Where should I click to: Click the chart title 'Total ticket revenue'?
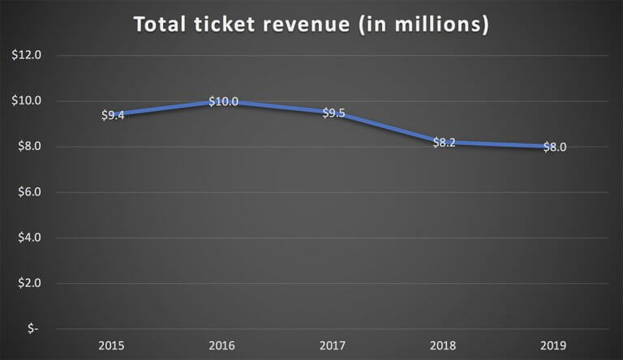[x=311, y=25]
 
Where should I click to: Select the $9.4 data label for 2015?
[x=113, y=115]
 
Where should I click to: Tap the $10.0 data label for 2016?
[x=223, y=101]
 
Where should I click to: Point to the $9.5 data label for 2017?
[x=333, y=114]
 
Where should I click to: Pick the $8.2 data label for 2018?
[x=444, y=142]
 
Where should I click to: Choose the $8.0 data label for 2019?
[x=554, y=148]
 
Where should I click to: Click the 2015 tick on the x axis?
[x=113, y=344]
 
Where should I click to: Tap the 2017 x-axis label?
[x=333, y=344]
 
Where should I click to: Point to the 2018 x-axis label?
[x=444, y=344]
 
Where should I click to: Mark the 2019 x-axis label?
[x=554, y=344]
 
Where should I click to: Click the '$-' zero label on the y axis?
[x=33, y=328]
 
